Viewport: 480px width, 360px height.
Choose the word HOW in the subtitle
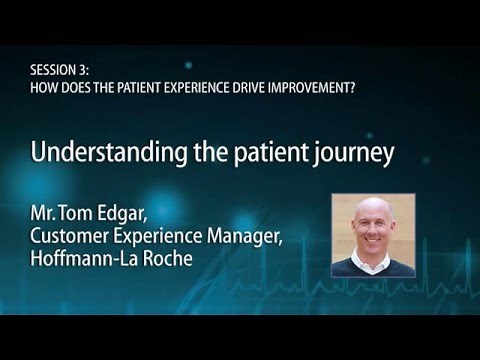point(43,86)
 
